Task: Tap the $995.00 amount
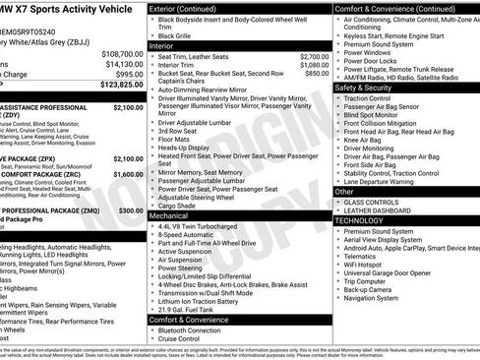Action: (129, 75)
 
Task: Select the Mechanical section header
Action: (170, 214)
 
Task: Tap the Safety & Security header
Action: (369, 88)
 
